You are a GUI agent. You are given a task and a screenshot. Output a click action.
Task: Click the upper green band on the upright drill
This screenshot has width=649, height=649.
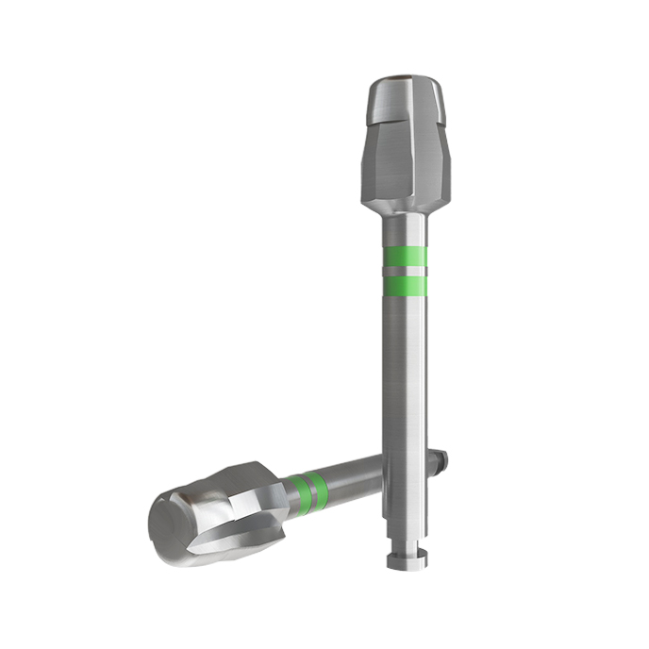point(405,256)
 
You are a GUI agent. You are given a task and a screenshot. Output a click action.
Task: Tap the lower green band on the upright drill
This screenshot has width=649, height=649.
point(405,285)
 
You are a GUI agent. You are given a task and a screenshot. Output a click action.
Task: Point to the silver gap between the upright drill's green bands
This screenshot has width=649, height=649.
point(405,271)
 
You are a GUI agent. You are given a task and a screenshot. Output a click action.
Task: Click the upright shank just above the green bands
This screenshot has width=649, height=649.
point(405,231)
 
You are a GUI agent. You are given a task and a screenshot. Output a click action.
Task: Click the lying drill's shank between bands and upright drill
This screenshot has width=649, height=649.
point(354,474)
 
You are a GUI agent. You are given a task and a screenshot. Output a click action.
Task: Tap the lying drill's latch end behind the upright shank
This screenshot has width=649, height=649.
point(441,459)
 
